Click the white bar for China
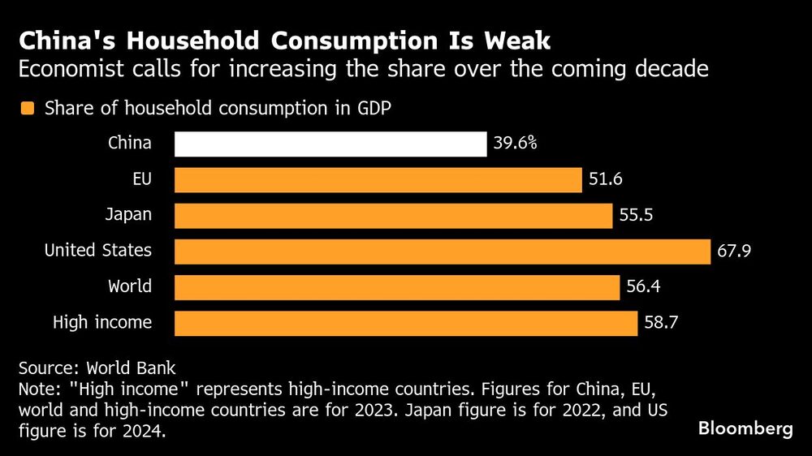330,144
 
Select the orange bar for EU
378,180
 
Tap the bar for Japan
393,216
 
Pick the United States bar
443,251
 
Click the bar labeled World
397,286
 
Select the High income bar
406,323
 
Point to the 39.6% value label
516,144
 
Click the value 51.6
606,180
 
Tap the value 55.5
636,216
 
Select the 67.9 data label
734,251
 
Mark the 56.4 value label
643,286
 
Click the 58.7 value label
661,323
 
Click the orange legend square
28,109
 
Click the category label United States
97,251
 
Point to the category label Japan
128,216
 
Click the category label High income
102,323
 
